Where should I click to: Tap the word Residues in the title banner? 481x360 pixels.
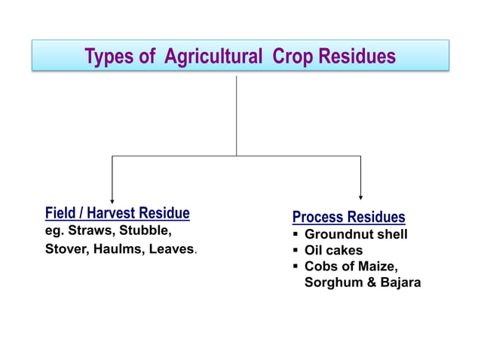pyautogui.click(x=357, y=56)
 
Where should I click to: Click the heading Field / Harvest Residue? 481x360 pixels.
pyautogui.click(x=117, y=213)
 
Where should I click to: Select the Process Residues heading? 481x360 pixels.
pyautogui.click(x=348, y=217)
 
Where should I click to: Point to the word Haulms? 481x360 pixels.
pyautogui.click(x=118, y=249)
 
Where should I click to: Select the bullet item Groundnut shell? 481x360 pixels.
pyautogui.click(x=356, y=234)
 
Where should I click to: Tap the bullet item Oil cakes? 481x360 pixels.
pyautogui.click(x=333, y=250)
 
